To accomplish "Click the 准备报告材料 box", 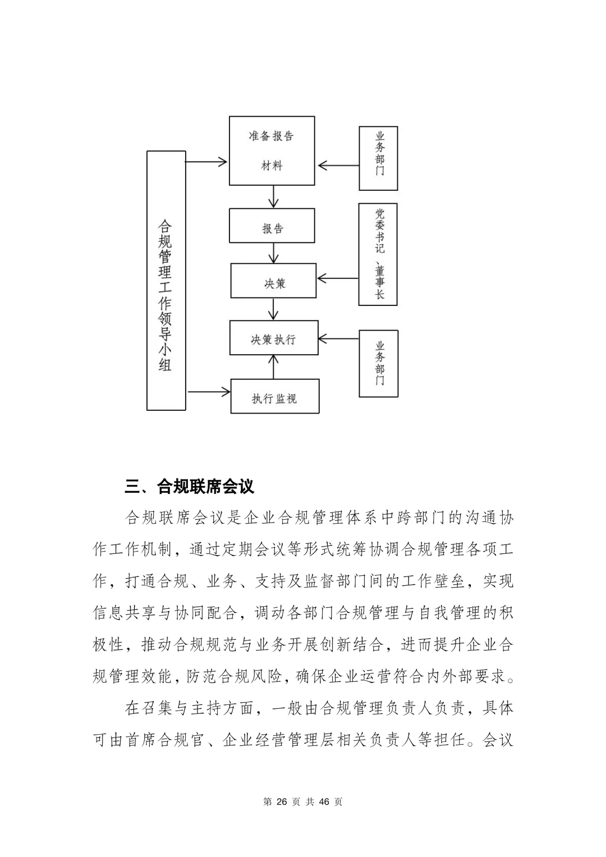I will coord(272,150).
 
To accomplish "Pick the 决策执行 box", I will coord(274,338).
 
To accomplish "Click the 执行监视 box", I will coord(275,396).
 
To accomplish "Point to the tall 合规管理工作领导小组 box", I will coord(166,280).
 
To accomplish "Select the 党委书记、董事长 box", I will coord(378,254).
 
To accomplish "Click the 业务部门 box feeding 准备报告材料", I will coord(378,158).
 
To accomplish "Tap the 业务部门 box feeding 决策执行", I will coord(378,364).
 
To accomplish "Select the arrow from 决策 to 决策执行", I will coord(274,309).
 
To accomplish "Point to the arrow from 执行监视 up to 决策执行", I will coord(274,367).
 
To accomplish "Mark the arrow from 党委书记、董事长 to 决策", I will coord(338,278).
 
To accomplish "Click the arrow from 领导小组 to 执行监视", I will coord(208,391).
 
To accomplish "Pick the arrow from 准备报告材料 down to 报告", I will coord(274,196).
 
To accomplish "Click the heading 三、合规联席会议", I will coord(190,486).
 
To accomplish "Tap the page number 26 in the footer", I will coord(282,801).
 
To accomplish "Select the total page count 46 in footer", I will coord(324,801).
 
